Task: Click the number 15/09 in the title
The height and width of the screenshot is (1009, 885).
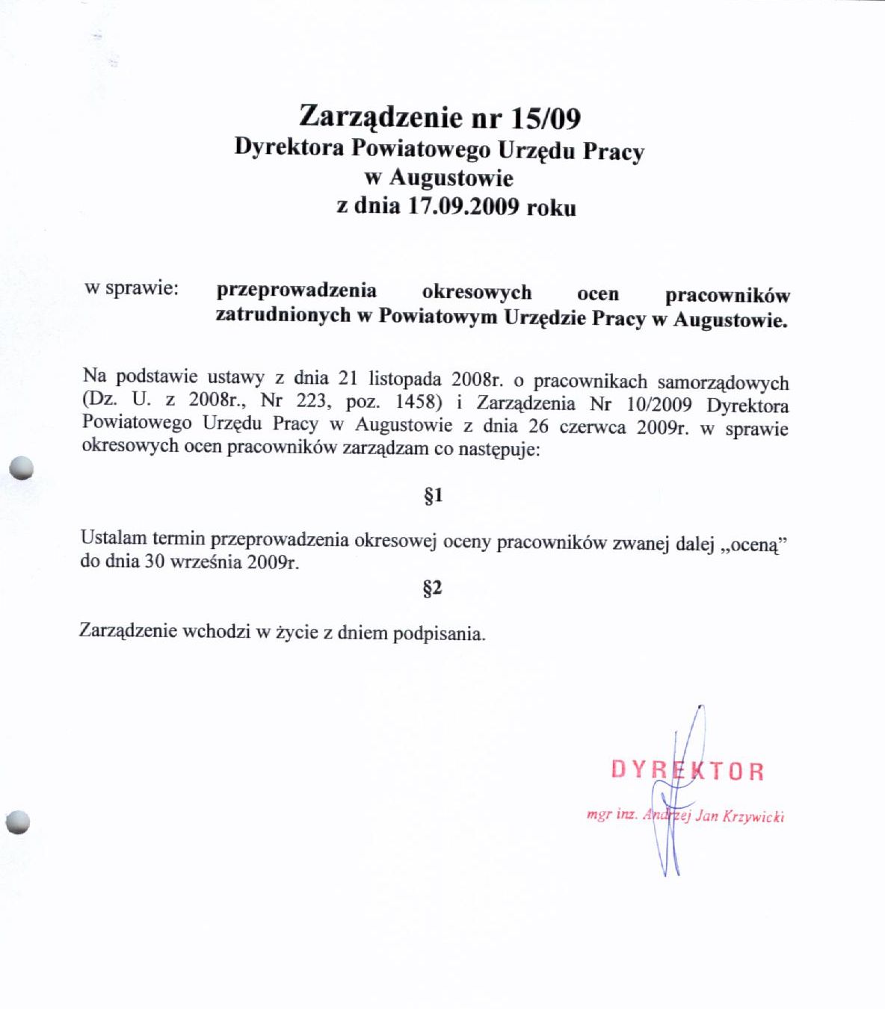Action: tap(546, 118)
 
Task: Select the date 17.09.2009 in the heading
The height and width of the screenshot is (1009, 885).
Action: tap(463, 205)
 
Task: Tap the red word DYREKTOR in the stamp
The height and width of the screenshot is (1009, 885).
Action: tap(687, 770)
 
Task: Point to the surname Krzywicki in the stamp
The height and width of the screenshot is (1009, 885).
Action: tap(753, 816)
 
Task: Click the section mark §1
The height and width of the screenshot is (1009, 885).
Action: tap(434, 495)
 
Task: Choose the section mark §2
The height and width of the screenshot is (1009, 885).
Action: tap(432, 589)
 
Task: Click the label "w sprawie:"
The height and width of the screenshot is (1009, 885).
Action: tap(132, 288)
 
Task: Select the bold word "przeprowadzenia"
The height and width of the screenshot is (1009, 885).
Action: tap(296, 290)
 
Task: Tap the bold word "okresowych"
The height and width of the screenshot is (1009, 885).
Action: tap(476, 292)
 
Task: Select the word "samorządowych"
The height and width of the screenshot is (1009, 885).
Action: tap(723, 382)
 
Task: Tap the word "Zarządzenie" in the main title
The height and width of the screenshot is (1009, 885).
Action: tap(380, 117)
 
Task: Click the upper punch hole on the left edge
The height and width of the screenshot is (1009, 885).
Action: tap(22, 468)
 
